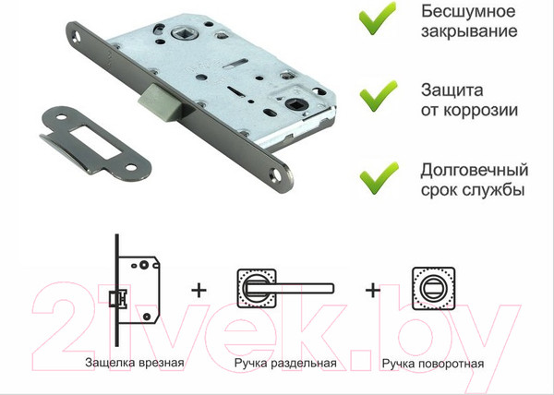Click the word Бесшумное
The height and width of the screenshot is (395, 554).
pyautogui.click(x=466, y=14)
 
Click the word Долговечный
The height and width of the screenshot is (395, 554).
pyautogui.click(x=474, y=171)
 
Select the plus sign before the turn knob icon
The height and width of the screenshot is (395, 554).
pyautogui.click(x=373, y=291)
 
